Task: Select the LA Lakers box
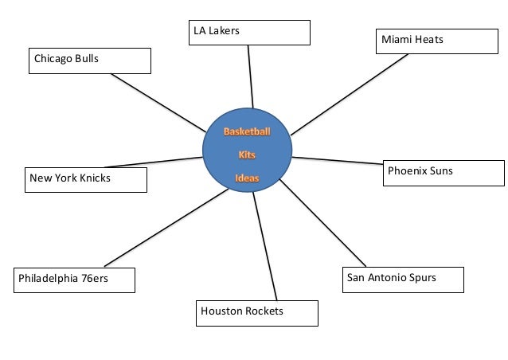(249, 32)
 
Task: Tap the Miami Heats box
(436, 41)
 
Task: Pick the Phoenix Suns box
(444, 172)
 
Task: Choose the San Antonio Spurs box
(401, 280)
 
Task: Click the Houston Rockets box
(256, 312)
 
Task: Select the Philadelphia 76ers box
(74, 280)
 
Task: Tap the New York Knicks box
(86, 179)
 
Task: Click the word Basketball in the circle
(247, 131)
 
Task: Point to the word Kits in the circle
(247, 155)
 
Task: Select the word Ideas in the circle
(247, 178)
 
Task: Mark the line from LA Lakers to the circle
(251, 76)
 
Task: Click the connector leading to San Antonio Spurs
(322, 222)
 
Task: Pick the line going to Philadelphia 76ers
(166, 228)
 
